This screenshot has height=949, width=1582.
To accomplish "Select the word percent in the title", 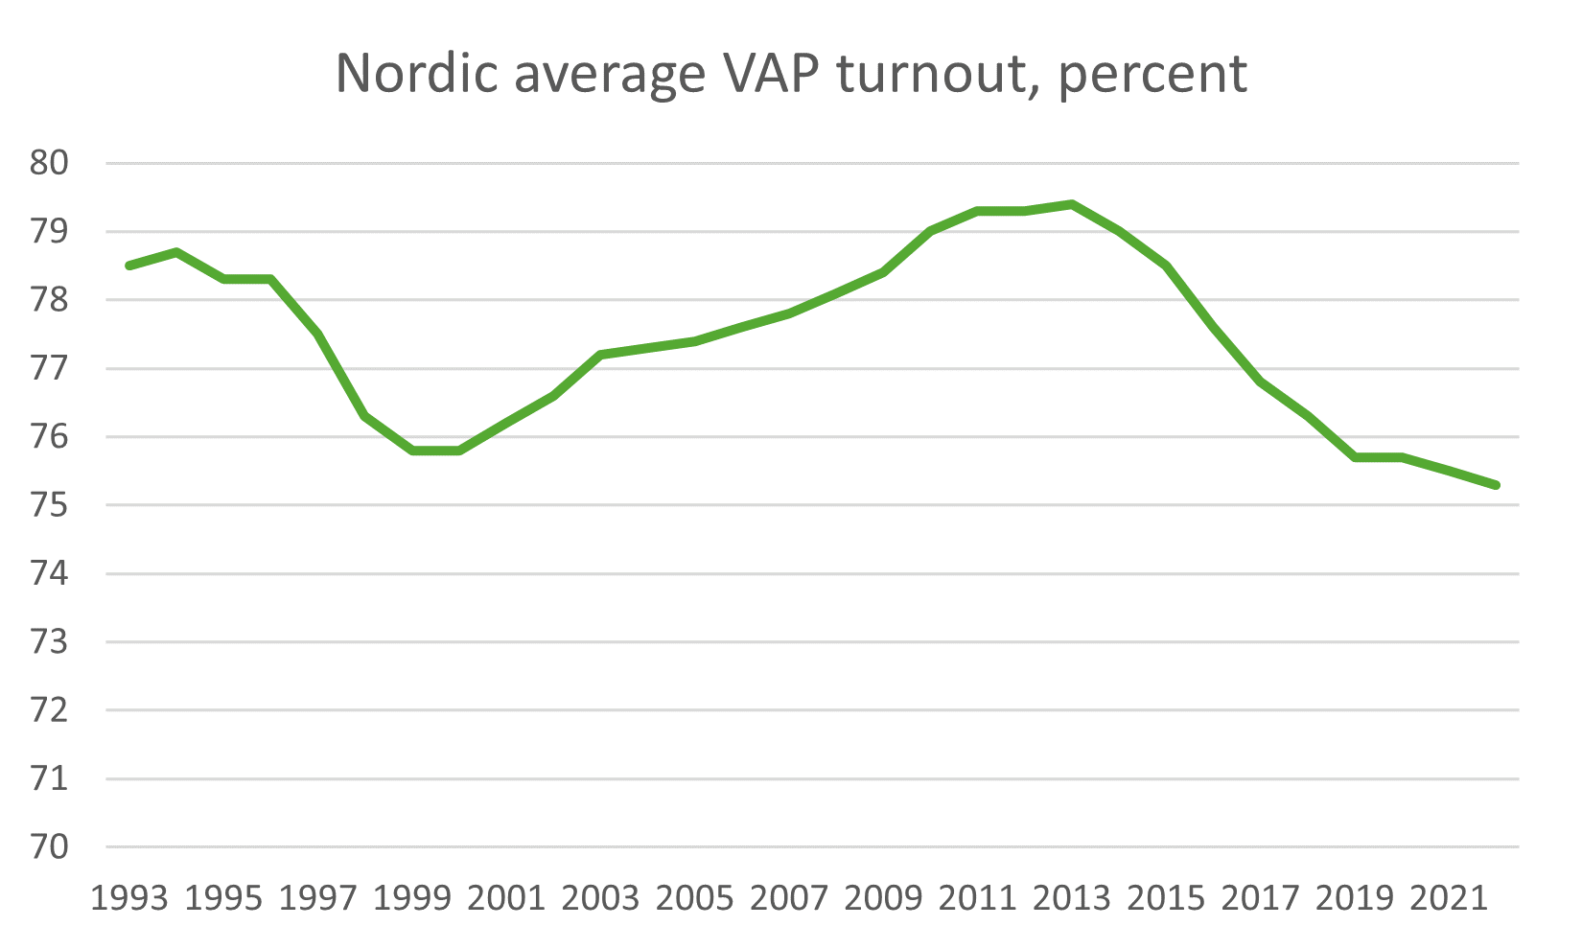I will (1152, 75).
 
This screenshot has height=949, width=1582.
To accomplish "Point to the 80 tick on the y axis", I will (50, 163).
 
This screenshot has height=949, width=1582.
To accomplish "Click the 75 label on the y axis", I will (50, 505).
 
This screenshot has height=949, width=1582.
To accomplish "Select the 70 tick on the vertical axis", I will (50, 847).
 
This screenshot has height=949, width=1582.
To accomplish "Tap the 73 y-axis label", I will (50, 642).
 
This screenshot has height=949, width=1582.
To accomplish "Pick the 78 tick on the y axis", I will (50, 300).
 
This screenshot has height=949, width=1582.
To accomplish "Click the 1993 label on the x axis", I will (129, 898).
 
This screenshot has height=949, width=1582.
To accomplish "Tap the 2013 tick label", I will (1072, 898).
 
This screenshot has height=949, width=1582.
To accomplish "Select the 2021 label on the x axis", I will (1449, 898).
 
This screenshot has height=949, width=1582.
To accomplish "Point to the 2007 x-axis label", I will (789, 898).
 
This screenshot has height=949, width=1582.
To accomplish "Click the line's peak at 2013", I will (1072, 204).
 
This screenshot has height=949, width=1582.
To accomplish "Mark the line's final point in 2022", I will (1496, 485).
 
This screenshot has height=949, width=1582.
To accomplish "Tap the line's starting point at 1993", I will (129, 266).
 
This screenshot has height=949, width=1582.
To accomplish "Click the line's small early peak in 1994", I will (176, 252).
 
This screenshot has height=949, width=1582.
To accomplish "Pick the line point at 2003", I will (601, 355).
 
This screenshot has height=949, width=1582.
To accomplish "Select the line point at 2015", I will (1166, 266).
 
